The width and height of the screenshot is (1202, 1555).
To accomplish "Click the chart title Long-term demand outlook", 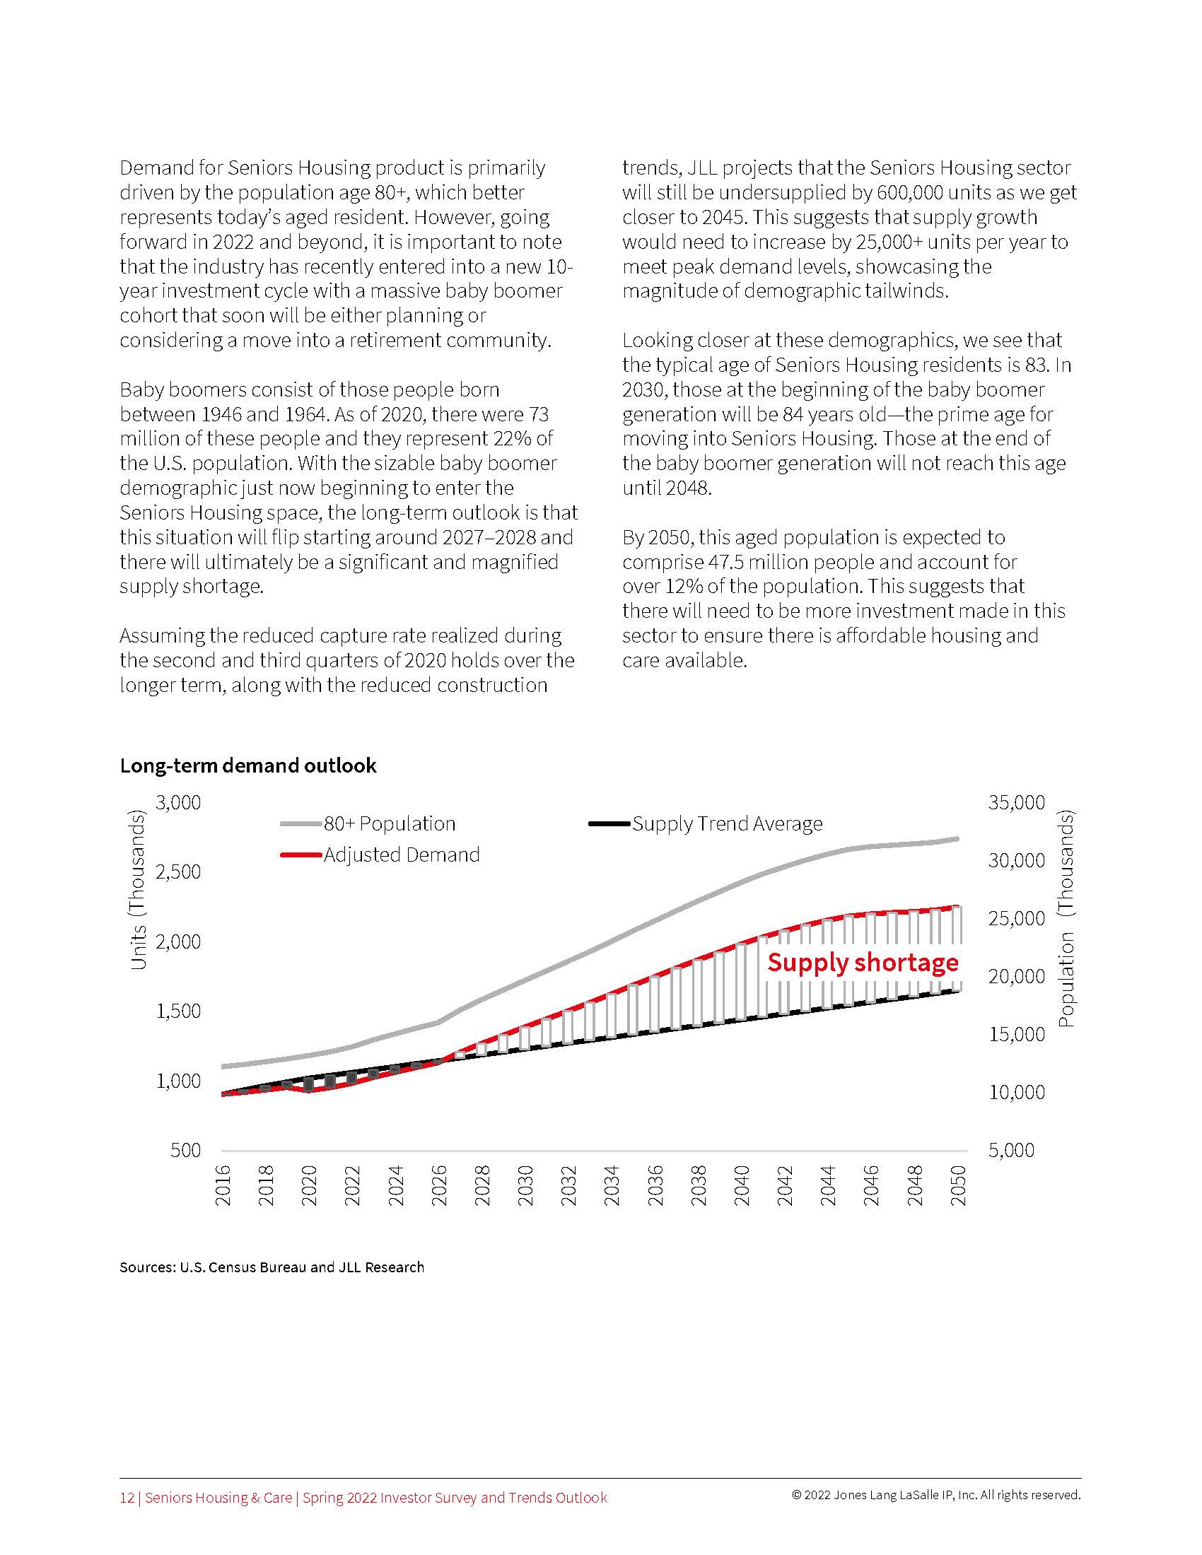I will (x=247, y=765).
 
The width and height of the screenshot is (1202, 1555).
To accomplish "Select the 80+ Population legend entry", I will (x=389, y=823).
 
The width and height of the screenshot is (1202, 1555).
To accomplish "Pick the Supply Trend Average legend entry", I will (x=726, y=823).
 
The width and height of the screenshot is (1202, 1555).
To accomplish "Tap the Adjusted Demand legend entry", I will (x=401, y=855).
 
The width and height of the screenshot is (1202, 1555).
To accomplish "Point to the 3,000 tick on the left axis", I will (x=178, y=802).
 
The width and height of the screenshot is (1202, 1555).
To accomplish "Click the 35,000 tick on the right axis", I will (x=1016, y=802).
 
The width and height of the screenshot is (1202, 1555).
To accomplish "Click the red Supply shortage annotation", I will (x=863, y=963).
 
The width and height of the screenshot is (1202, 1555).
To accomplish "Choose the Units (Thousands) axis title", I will (x=138, y=890).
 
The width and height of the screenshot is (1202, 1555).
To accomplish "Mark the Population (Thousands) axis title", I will (x=1066, y=918).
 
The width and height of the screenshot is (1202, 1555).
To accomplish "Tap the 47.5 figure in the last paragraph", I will (x=721, y=563).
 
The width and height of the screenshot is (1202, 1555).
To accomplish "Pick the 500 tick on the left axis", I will (x=185, y=1151).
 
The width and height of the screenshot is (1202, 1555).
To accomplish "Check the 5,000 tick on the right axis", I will (x=1011, y=1151).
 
